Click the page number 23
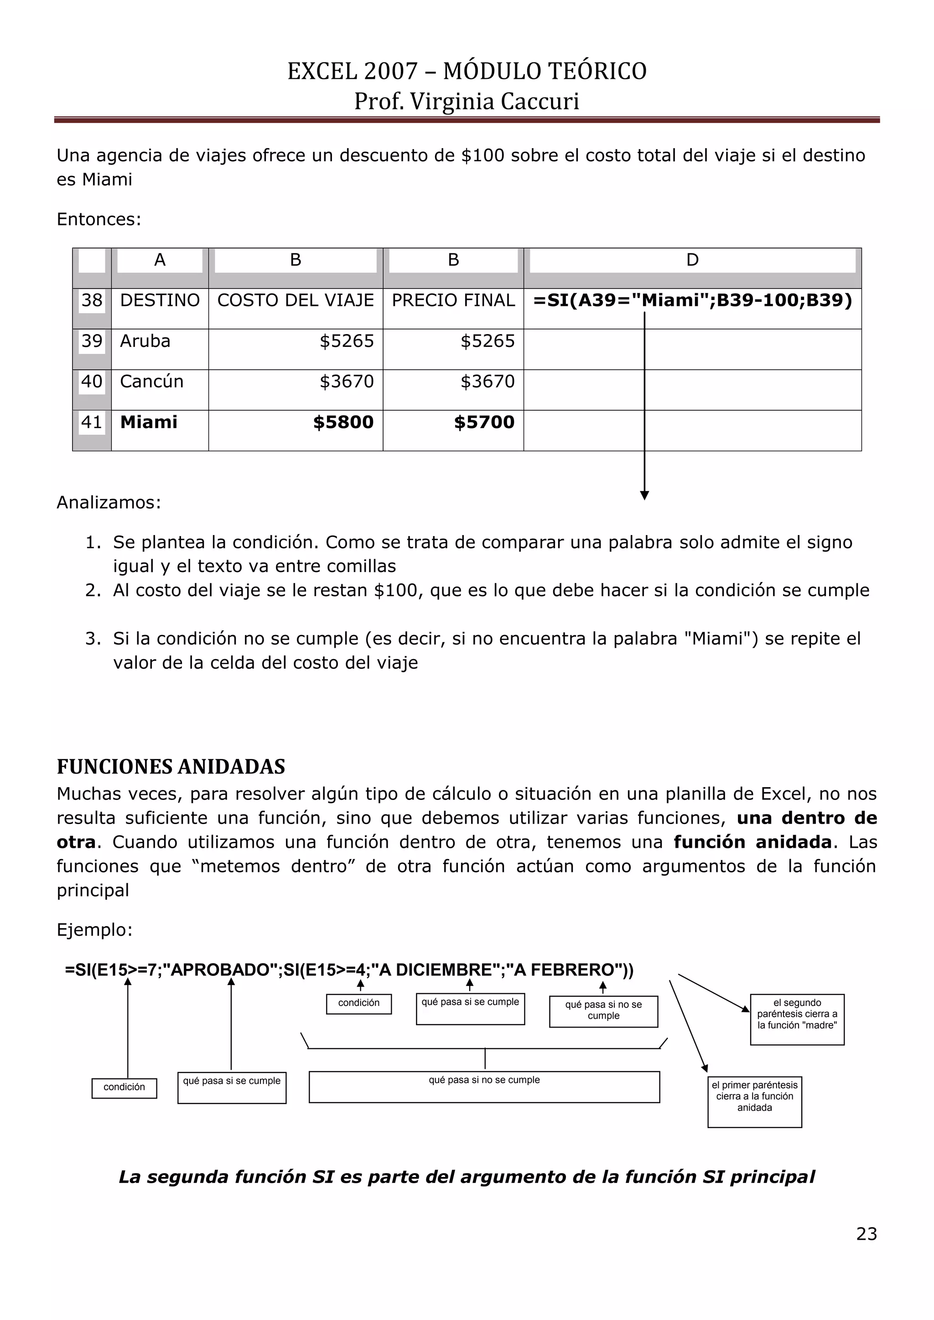866,1234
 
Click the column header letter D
692,260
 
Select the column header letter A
160,260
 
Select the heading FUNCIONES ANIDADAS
171,767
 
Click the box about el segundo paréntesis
797,1019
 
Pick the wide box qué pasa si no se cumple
484,1086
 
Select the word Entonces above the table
98,220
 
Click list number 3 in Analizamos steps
93,639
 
